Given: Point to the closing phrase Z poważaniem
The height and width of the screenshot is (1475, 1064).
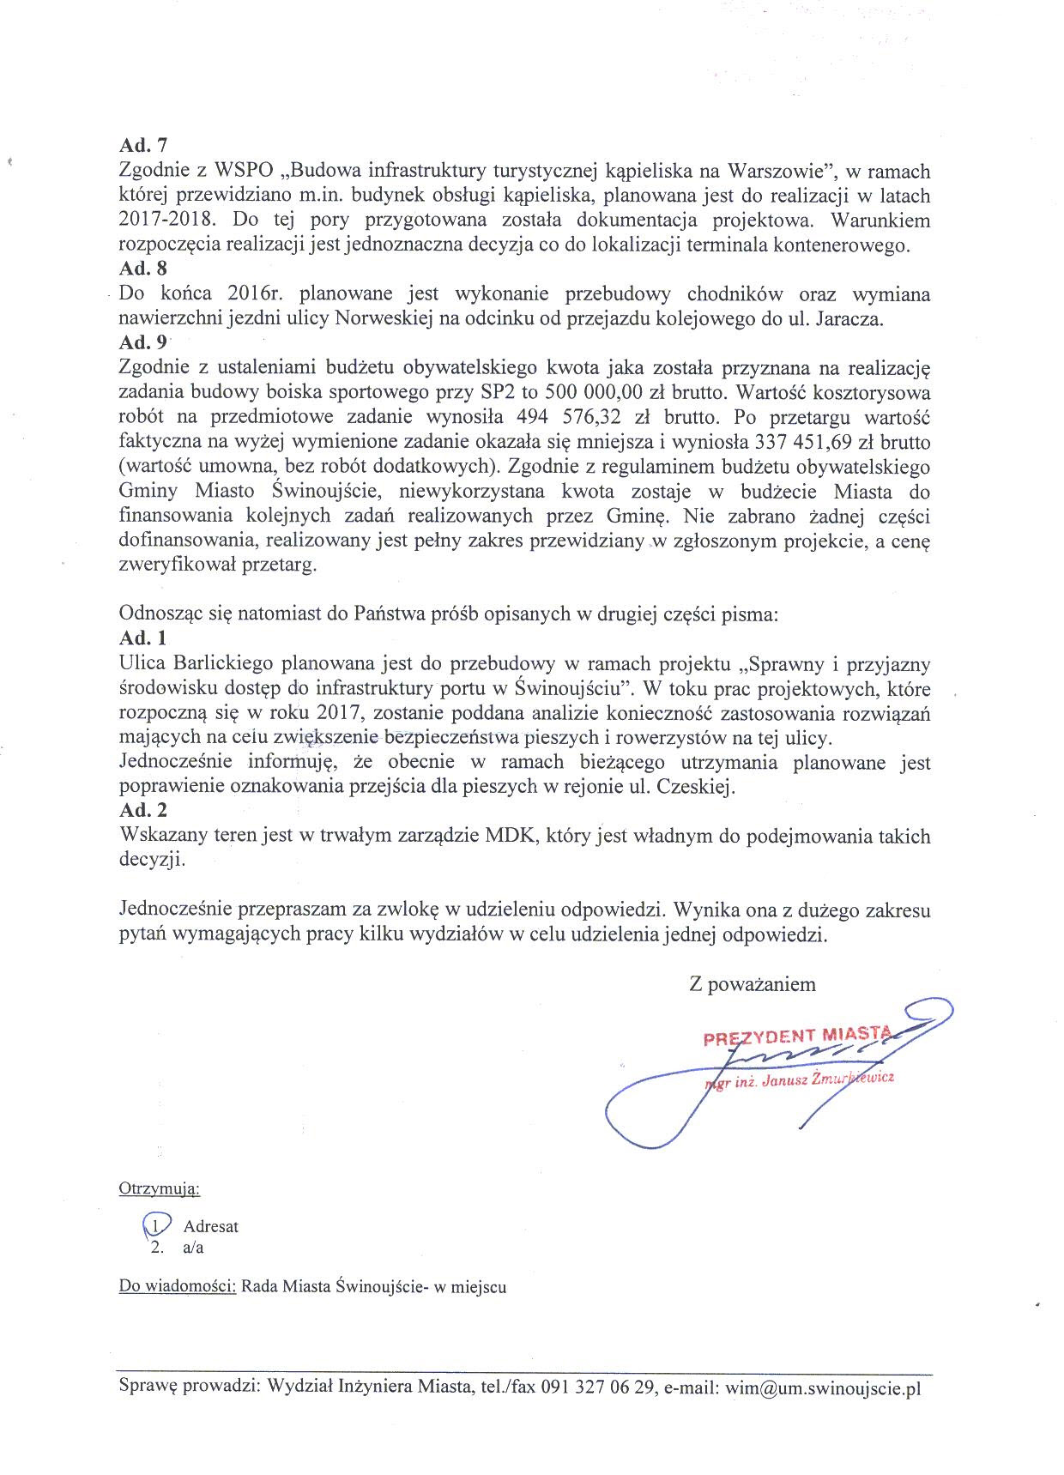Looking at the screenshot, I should (752, 984).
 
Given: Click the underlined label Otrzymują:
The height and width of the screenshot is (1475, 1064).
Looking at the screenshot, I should (159, 1189).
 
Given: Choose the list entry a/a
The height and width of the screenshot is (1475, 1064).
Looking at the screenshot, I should (193, 1248).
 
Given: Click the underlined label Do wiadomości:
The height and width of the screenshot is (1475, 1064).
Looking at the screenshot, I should (178, 1287).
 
